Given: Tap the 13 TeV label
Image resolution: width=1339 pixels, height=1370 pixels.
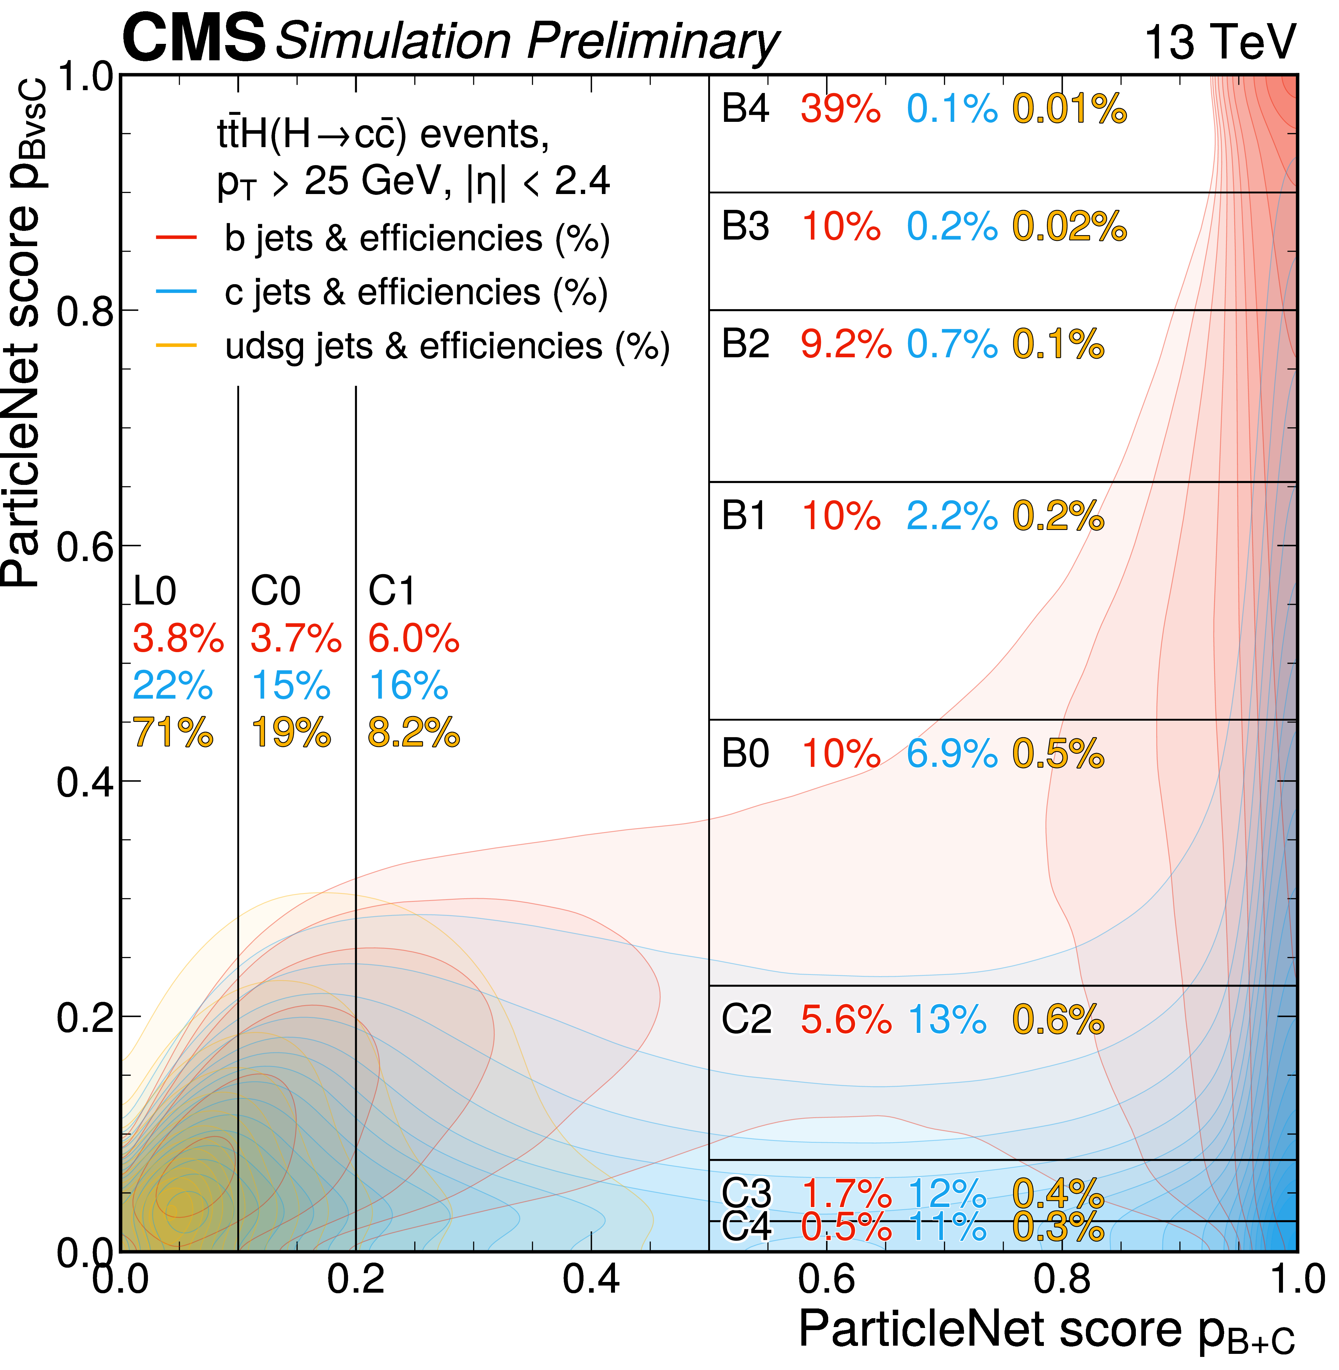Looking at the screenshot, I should (1220, 42).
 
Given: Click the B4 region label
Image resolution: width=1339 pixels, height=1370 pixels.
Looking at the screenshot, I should (745, 109).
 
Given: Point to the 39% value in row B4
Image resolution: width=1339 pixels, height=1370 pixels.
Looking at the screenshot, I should (840, 109).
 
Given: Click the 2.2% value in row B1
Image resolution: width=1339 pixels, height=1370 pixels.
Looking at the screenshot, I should (952, 516).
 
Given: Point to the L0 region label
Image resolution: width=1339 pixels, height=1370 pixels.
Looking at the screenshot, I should (155, 591).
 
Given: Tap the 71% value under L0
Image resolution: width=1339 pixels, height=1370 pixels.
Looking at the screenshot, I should (173, 733).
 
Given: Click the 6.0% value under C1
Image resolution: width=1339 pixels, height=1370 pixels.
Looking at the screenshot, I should (414, 639).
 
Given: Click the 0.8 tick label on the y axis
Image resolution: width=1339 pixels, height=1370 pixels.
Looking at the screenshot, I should (84, 311).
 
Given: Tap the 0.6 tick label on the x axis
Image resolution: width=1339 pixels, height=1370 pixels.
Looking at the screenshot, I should (826, 1279).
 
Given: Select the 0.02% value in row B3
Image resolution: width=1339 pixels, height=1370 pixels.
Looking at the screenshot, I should (1069, 227).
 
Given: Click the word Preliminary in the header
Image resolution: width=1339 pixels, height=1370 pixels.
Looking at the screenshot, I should (653, 41).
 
